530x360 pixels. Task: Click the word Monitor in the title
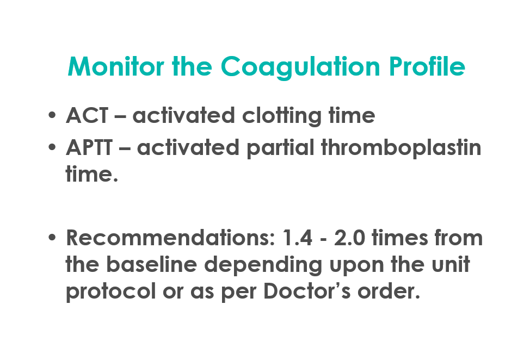pos(116,66)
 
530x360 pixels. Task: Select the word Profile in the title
pos(427,66)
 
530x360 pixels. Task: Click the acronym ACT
pos(87,115)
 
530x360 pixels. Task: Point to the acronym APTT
pos(89,147)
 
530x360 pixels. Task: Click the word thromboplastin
pos(401,148)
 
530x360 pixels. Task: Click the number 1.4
pos(298,238)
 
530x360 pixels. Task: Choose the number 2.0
pos(350,238)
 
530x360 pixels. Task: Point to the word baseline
pos(152,264)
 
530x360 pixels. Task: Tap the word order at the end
pos(389,290)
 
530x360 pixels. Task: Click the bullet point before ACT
pos(52,115)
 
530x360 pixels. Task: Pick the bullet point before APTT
pos(52,147)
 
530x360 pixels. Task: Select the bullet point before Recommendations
pos(52,237)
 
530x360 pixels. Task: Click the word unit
pos(451,264)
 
